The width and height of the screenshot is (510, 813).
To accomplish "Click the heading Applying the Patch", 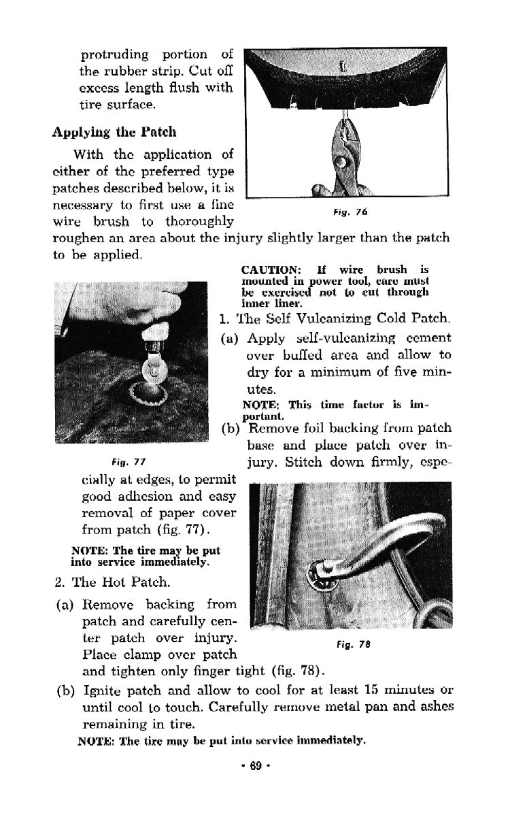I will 114,131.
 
